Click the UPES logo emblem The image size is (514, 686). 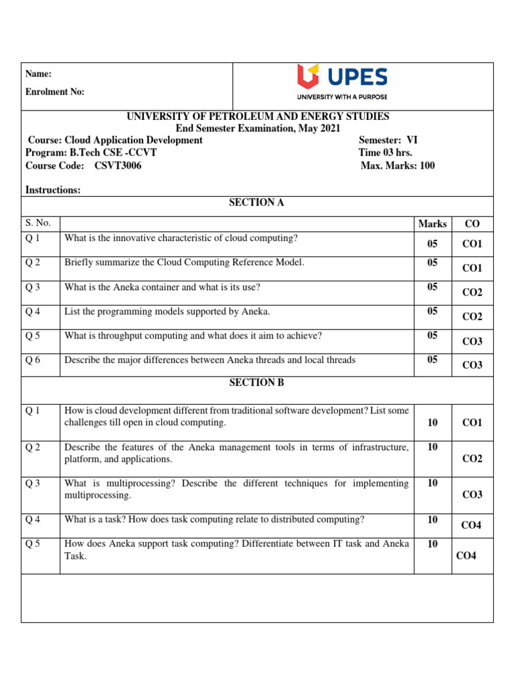(311, 77)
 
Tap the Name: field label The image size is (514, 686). (38, 74)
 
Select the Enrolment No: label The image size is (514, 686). (55, 92)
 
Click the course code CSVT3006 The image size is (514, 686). (113, 165)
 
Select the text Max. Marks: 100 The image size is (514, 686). (398, 165)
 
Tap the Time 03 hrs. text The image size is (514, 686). (385, 153)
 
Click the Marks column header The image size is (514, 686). (432, 224)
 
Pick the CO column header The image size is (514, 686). (472, 224)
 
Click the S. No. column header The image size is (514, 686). (38, 223)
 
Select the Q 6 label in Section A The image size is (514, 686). (33, 360)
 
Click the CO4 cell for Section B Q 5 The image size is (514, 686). (466, 556)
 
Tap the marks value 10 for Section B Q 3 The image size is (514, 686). (432, 483)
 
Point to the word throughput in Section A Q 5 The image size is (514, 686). (118, 336)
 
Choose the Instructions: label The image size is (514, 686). (53, 190)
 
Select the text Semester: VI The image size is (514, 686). (388, 140)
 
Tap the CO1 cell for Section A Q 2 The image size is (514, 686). (472, 268)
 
